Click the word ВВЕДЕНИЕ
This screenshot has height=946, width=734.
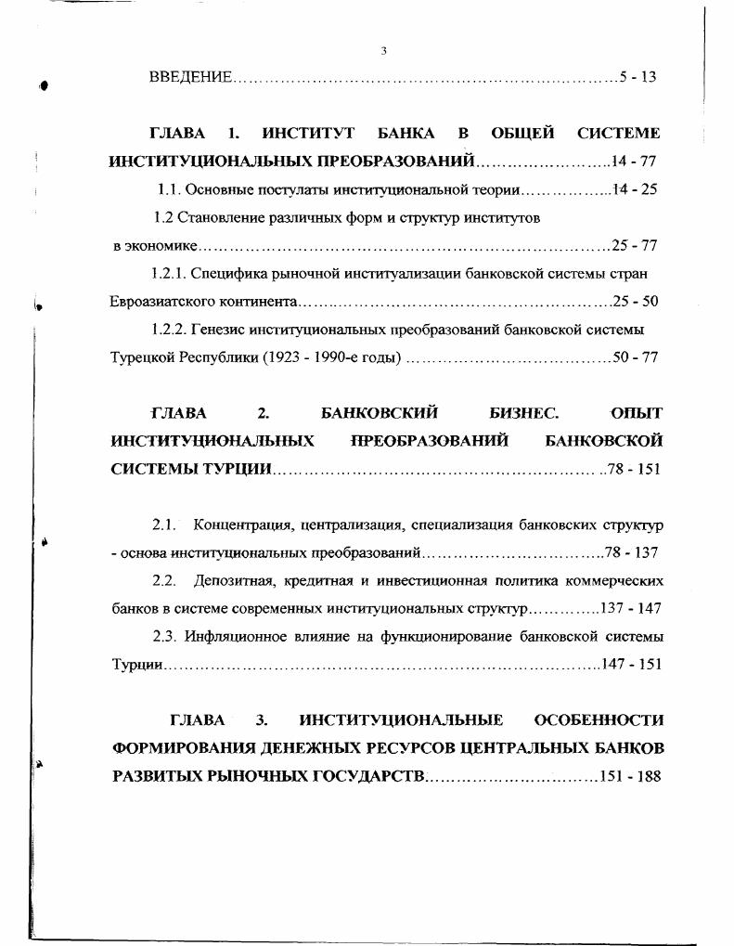pyautogui.click(x=189, y=76)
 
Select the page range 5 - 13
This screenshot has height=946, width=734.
pyautogui.click(x=638, y=76)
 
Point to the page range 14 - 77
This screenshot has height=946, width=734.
pyautogui.click(x=634, y=161)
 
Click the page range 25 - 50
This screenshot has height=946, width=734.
pyautogui.click(x=636, y=302)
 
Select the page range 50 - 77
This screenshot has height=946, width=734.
pyautogui.click(x=636, y=356)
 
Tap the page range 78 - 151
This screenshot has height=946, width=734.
pyautogui.click(x=634, y=468)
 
